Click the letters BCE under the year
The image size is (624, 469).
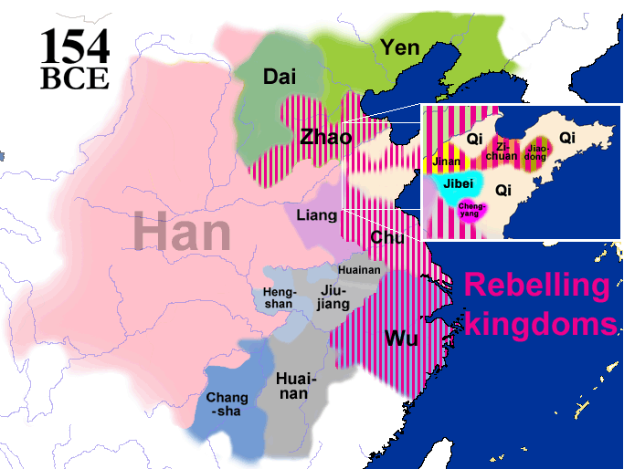tap(75, 78)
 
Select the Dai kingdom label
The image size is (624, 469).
tap(280, 78)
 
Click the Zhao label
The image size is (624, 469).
tap(326, 138)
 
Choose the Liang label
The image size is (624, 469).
tap(316, 216)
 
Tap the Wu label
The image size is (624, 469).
tap(401, 339)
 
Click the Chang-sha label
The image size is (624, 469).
tap(227, 404)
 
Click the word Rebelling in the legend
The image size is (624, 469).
tap(536, 286)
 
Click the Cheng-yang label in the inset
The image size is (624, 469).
tap(472, 210)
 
